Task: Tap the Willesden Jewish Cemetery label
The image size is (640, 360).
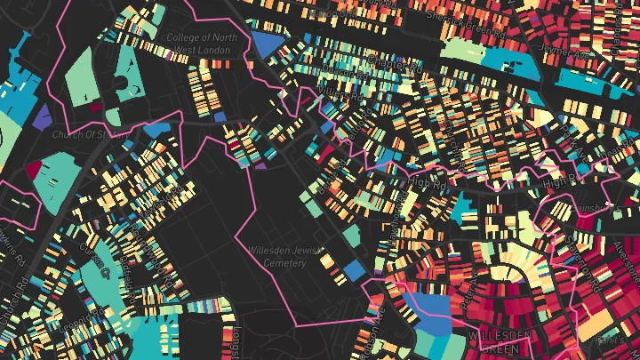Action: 278,257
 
